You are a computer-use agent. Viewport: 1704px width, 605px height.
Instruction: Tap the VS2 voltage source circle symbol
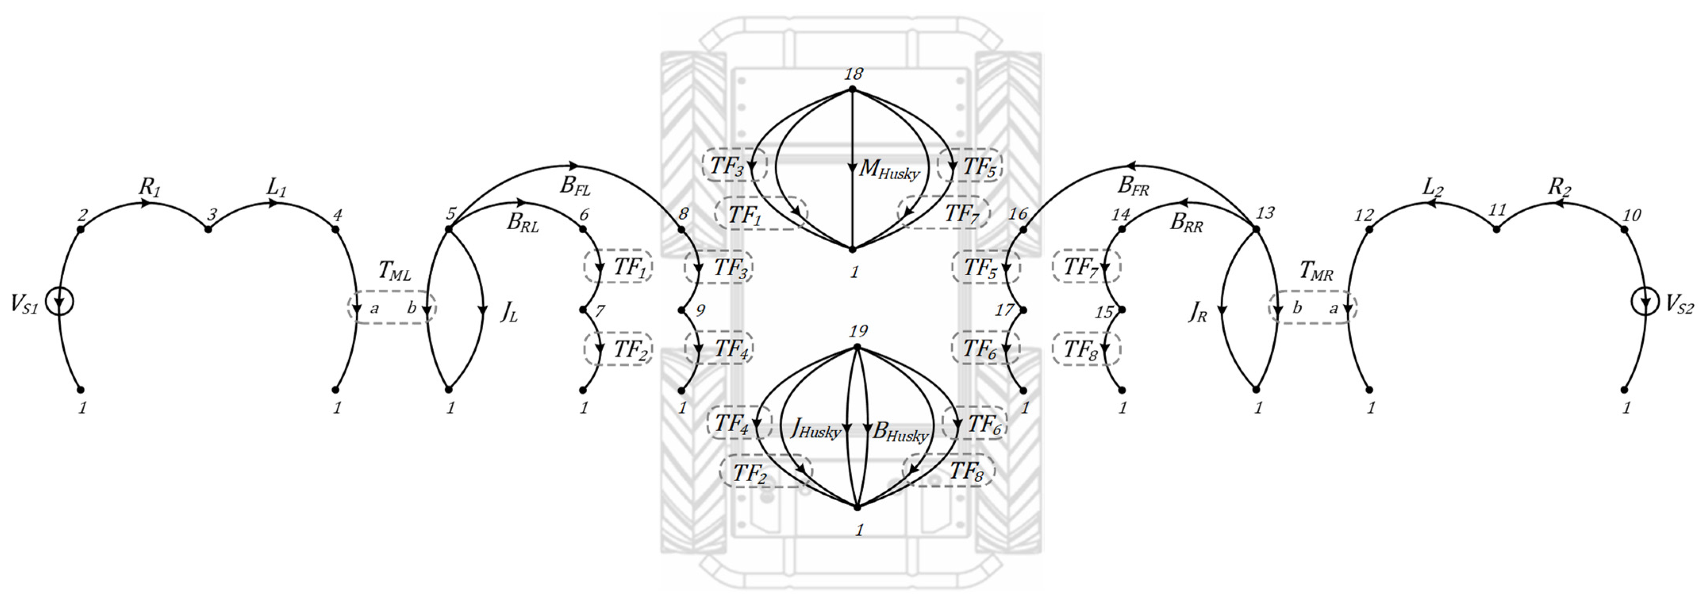[1644, 302]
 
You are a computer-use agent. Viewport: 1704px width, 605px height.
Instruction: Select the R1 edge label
[150, 188]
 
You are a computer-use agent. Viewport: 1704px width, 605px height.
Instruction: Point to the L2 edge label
[1433, 188]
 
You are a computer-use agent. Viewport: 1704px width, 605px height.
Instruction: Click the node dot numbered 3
[208, 229]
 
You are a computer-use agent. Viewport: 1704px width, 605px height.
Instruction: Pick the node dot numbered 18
[853, 89]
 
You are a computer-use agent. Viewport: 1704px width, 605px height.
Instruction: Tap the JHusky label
[816, 430]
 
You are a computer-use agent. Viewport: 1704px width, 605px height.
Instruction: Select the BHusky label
[900, 432]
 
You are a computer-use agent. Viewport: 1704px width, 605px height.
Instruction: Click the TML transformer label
[394, 271]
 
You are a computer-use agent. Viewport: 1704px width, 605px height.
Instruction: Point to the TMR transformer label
[1316, 271]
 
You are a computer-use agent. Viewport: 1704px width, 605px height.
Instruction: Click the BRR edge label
[1186, 223]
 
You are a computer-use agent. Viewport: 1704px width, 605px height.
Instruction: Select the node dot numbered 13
[1256, 229]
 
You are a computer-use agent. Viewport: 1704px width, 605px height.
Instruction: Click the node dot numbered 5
[448, 229]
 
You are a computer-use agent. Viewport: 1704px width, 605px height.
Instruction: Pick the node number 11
[1497, 210]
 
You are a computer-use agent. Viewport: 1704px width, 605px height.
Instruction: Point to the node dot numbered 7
[584, 309]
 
